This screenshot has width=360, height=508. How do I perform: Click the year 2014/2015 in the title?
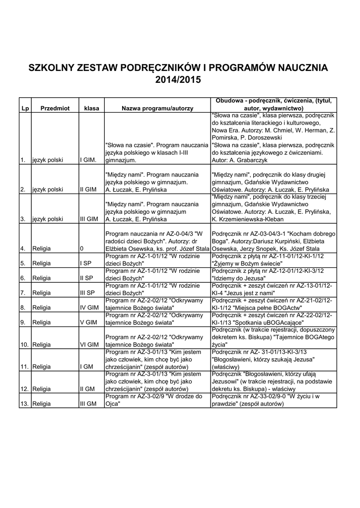[x=179, y=79]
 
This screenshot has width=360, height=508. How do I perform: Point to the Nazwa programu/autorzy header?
[x=157, y=108]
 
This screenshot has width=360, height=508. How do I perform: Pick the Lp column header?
[x=24, y=108]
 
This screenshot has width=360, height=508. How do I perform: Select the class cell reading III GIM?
[x=89, y=218]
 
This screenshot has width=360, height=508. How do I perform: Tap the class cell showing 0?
[x=82, y=248]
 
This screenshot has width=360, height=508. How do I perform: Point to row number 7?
[x=23, y=293]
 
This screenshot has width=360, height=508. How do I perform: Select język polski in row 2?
[x=48, y=190]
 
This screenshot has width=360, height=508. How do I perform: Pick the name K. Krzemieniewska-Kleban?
[x=254, y=218]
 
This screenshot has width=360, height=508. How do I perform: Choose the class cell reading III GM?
[x=88, y=404]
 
